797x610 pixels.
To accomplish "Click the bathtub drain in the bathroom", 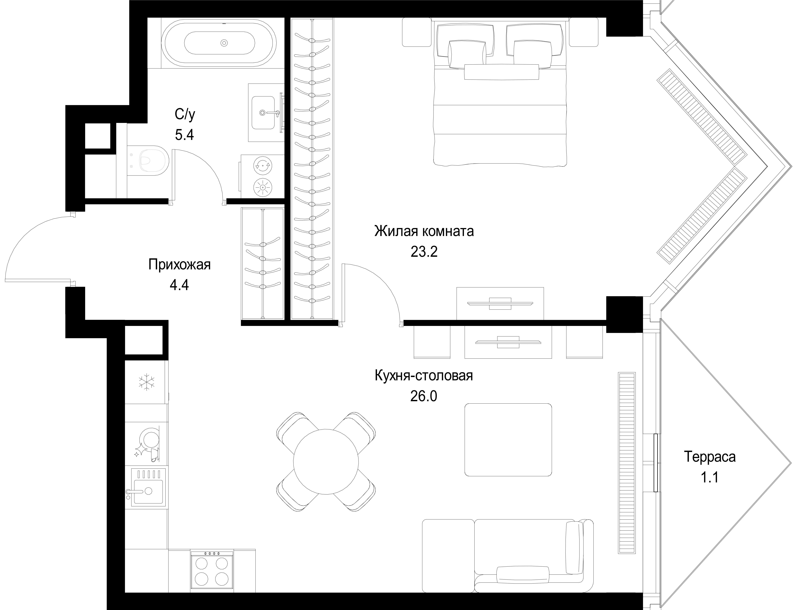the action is [x=224, y=43].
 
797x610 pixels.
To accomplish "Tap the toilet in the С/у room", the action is [x=149, y=161].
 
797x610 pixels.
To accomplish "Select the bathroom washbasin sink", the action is [x=263, y=113].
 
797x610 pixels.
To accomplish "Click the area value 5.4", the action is [x=184, y=135].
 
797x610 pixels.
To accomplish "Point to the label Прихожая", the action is [x=179, y=265].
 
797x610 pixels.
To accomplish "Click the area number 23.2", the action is [x=424, y=252].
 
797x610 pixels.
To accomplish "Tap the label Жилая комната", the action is [x=424, y=231].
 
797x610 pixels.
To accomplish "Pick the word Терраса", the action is [x=710, y=457].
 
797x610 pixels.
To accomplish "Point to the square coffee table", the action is [x=508, y=440].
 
